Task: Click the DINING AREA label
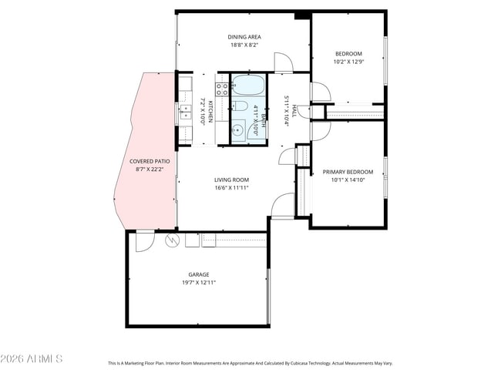tap(243, 37)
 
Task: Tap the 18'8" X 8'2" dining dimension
tap(243, 45)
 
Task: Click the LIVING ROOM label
tap(231, 180)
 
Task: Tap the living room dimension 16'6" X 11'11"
tap(231, 187)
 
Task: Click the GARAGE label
tap(199, 274)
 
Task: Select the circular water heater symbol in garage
tap(171, 240)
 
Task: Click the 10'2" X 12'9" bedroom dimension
tap(348, 62)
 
